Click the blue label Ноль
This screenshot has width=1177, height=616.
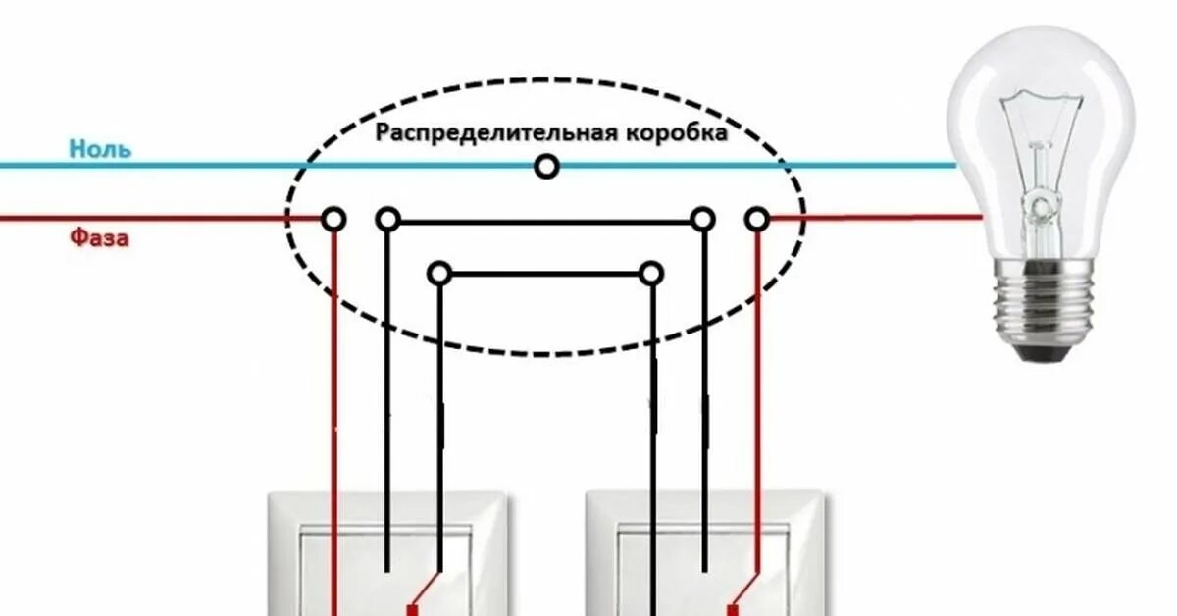100,149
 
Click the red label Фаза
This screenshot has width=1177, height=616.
99,237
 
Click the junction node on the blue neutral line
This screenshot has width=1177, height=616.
546,167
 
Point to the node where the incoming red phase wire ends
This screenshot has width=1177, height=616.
333,218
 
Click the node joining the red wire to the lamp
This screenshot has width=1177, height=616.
756,218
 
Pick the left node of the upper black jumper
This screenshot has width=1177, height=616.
388,218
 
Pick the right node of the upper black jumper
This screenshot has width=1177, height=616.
702,218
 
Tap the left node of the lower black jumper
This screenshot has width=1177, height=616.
439,273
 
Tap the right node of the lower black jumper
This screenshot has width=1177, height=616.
650,273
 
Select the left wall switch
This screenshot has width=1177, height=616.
390,555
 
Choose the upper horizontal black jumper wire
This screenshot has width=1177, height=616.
545,222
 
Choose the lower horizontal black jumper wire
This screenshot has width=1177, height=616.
545,274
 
